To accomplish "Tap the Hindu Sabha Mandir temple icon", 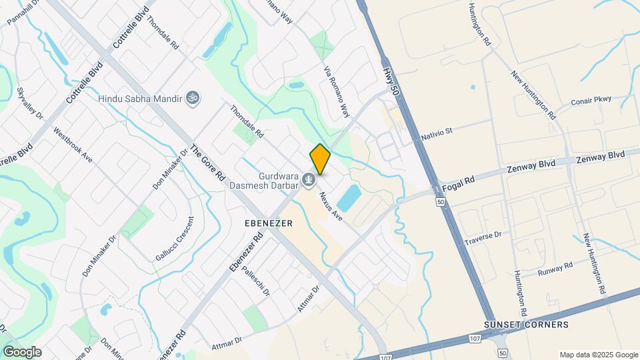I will point(193,98).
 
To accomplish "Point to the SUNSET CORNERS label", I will point(527,325).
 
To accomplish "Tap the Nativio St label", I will point(437,132).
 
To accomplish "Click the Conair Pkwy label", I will point(600,101).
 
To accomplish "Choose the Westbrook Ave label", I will point(73,145).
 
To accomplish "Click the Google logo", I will point(22,352).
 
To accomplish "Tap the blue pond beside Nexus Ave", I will point(349,197).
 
